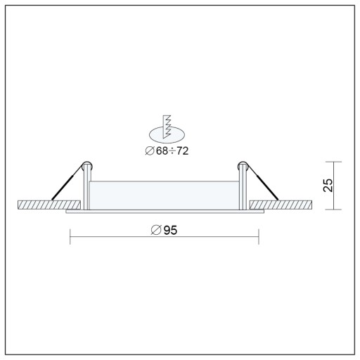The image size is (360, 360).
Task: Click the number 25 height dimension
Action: click(x=328, y=186)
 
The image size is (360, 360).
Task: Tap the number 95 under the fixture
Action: click(x=170, y=230)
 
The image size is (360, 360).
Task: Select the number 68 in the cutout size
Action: click(x=162, y=151)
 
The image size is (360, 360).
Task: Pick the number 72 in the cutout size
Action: click(x=182, y=151)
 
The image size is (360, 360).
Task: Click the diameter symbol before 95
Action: click(x=156, y=230)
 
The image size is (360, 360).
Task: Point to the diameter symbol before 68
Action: click(x=150, y=151)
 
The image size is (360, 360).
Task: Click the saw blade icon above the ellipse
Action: click(x=167, y=127)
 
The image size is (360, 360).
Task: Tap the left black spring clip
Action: click(x=67, y=182)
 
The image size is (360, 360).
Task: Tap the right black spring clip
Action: click(x=262, y=182)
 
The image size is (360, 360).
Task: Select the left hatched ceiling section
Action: click(x=49, y=205)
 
